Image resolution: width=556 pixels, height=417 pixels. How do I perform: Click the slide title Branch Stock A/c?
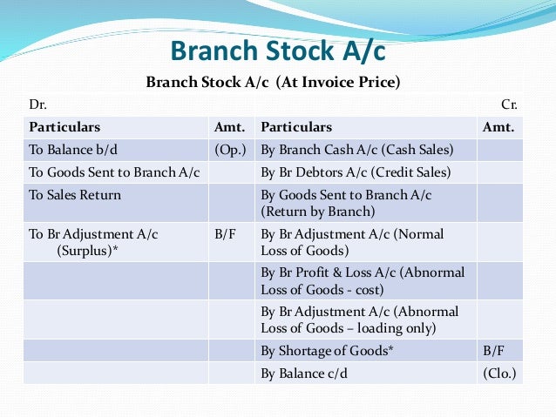[277, 50]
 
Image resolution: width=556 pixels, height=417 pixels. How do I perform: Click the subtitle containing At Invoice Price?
[277, 84]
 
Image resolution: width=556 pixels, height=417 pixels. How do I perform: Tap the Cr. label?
[510, 104]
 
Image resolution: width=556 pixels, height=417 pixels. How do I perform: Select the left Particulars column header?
[64, 127]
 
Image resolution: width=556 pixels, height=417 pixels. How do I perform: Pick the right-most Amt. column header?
[498, 127]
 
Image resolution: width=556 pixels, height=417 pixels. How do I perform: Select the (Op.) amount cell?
[230, 149]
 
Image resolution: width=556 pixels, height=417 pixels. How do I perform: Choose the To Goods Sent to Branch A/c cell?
[114, 172]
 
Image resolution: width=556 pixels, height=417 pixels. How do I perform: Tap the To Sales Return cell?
[75, 195]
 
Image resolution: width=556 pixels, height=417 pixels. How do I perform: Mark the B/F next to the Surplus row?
[225, 234]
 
